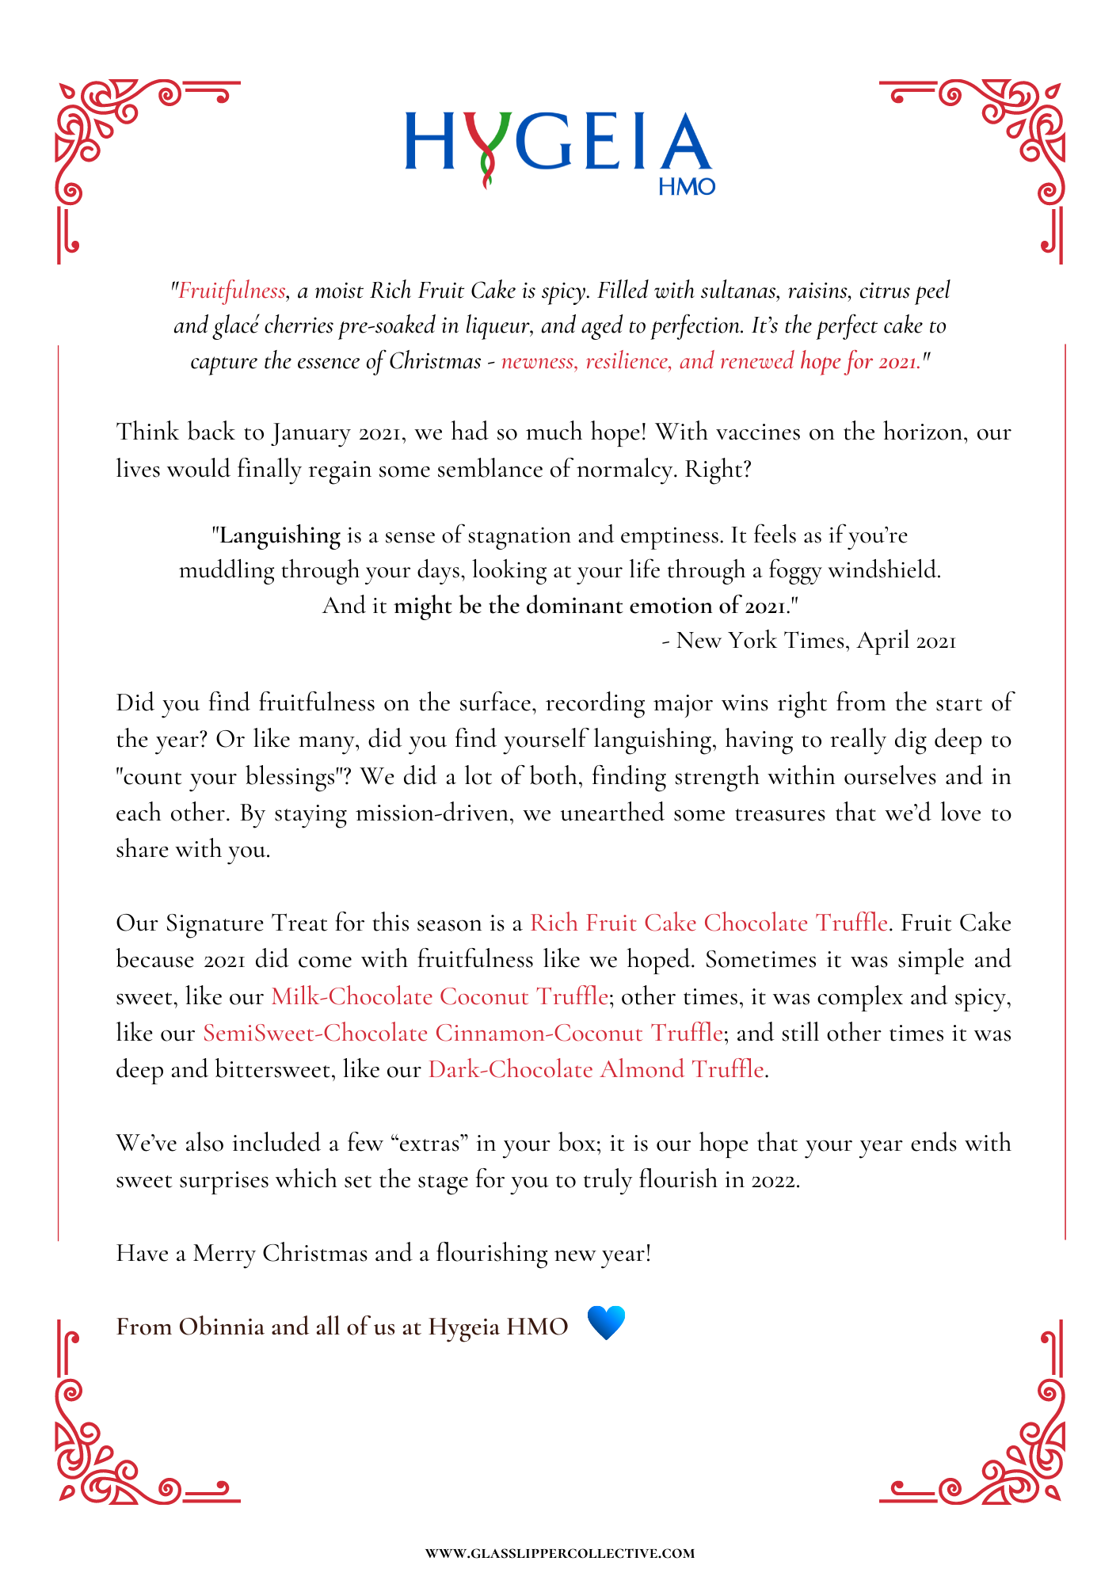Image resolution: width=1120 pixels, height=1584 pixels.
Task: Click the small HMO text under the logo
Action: (687, 187)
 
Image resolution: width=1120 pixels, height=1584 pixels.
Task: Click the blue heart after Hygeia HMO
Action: (607, 1323)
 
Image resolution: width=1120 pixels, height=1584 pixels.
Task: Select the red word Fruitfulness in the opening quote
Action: (231, 291)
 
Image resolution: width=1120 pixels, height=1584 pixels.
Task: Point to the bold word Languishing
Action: (280, 535)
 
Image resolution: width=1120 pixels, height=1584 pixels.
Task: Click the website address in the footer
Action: (560, 1554)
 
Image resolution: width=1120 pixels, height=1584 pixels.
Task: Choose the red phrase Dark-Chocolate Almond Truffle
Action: (596, 1070)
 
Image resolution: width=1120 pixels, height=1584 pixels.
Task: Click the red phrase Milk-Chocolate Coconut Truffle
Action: (440, 996)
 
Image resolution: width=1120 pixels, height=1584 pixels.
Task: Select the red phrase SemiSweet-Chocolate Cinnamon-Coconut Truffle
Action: (463, 1033)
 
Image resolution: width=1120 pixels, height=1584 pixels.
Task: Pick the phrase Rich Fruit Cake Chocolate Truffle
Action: (708, 923)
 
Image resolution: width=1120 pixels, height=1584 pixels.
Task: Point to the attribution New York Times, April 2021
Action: (816, 641)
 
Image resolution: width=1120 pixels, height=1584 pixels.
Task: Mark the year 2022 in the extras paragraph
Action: (774, 1180)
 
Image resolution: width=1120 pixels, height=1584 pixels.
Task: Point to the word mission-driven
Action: (432, 813)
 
